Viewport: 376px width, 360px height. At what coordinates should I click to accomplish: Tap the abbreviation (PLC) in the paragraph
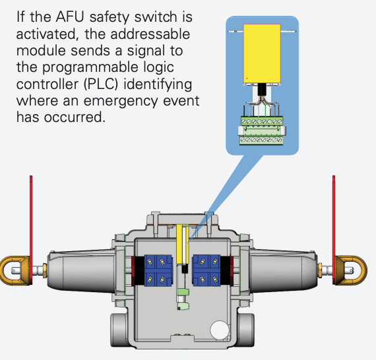(101, 84)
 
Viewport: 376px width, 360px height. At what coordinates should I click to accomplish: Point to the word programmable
(90, 68)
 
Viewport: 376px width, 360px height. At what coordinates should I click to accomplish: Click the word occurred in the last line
(75, 117)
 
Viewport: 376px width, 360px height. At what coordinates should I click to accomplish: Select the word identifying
(158, 84)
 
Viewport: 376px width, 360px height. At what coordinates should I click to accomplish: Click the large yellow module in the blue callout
(262, 53)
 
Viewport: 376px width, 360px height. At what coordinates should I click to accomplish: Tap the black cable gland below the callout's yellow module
(262, 90)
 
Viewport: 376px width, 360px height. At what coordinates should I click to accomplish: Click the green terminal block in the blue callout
(261, 131)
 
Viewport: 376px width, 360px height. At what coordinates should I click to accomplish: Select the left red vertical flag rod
(31, 229)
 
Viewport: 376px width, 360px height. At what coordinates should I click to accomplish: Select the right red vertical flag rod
(334, 229)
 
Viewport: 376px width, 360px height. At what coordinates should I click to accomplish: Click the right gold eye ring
(363, 271)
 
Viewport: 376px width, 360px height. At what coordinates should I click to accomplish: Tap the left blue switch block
(158, 270)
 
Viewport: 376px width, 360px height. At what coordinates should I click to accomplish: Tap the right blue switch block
(206, 270)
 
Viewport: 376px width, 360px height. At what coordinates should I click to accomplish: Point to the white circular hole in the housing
(220, 330)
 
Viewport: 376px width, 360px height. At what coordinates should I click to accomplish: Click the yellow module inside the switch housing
(179, 245)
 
